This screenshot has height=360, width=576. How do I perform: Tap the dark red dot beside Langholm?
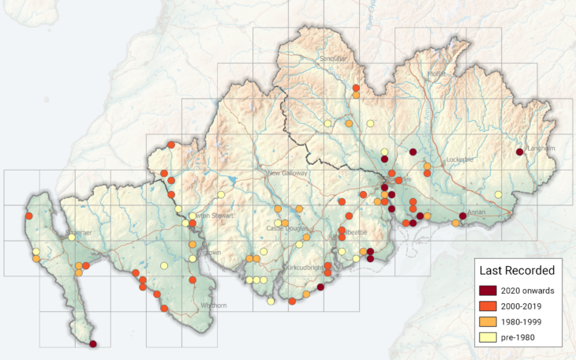[519, 152]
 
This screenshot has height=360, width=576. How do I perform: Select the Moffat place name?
[436, 74]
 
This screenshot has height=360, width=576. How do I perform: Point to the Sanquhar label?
[333, 58]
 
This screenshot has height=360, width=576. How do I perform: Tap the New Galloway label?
[289, 173]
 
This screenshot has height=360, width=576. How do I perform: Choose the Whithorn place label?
[213, 306]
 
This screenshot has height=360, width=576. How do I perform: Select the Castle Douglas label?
[286, 228]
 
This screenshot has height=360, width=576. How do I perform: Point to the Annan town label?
[477, 212]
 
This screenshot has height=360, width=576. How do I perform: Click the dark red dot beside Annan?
[462, 216]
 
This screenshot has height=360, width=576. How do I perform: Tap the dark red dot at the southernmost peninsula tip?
[93, 344]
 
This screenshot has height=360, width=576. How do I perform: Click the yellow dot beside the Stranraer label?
[72, 237]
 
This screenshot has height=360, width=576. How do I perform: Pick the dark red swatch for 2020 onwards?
[488, 291]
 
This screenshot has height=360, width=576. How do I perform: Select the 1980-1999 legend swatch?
[488, 322]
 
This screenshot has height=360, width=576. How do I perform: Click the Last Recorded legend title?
[517, 271]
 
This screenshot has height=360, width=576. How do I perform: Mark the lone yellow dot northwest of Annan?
[498, 194]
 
